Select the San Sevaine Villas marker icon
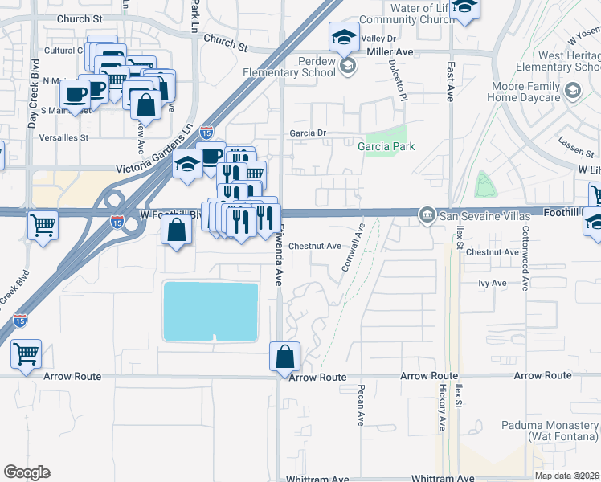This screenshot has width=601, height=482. [427, 214]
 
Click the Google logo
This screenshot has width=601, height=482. [27, 472]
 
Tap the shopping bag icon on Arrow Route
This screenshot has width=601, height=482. [285, 356]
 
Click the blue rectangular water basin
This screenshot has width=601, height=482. [211, 312]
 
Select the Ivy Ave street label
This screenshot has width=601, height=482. [492, 284]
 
